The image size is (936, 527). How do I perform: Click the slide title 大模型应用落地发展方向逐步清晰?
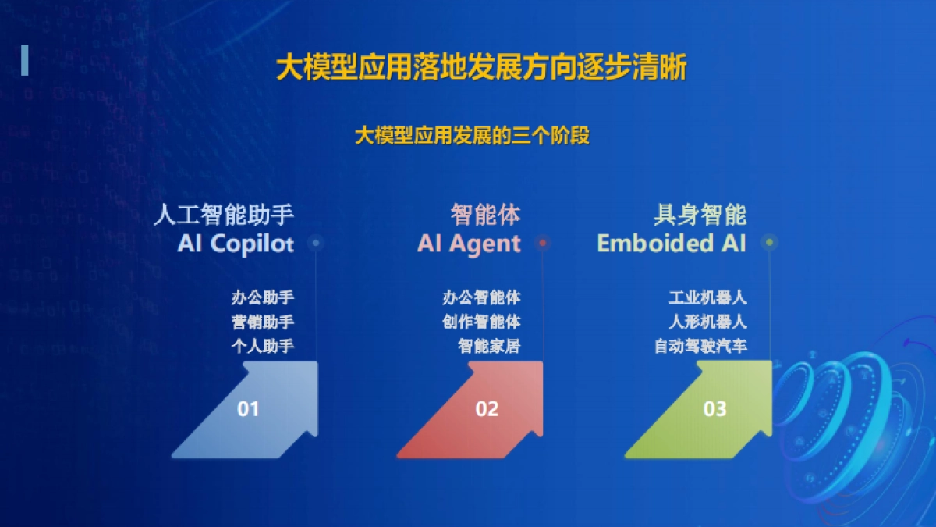pos(481,68)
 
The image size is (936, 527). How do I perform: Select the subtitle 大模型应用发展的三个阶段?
pos(472,136)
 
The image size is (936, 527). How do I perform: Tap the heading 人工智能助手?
pos(224,214)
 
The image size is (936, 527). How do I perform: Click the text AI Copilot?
pos(236,244)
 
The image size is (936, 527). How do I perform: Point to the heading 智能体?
pos(485,214)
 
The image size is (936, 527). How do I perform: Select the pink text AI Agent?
pos(469,244)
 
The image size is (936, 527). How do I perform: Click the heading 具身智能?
pos(700,214)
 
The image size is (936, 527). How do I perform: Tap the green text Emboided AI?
pos(672,244)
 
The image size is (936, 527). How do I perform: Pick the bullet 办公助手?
pos(263,297)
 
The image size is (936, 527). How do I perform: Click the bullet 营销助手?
pos(263,322)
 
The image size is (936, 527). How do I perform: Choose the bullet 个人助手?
pos(263,346)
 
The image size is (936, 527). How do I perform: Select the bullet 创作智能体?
pos(481,322)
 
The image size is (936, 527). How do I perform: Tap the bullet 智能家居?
pos(489,346)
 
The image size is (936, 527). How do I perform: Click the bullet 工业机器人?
pos(707,297)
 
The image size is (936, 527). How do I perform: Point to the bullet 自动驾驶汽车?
pos(700,346)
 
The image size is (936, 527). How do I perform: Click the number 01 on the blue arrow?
pos(248,408)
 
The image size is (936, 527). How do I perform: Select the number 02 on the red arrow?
pos(487,408)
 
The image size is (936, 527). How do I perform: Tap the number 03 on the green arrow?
pos(714,408)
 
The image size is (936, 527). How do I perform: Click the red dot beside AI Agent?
pos(543,244)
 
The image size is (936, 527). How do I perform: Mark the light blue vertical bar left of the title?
pos(25,60)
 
